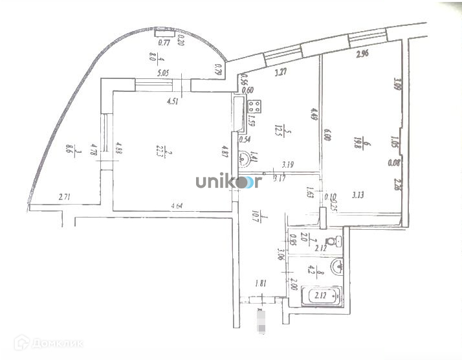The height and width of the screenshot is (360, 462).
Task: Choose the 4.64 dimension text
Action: coord(177,206)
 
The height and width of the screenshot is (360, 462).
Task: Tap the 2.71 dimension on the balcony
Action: coord(64,196)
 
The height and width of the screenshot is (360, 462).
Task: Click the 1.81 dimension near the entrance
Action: coord(262,282)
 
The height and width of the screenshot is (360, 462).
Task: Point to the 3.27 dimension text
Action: coord(280,73)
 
